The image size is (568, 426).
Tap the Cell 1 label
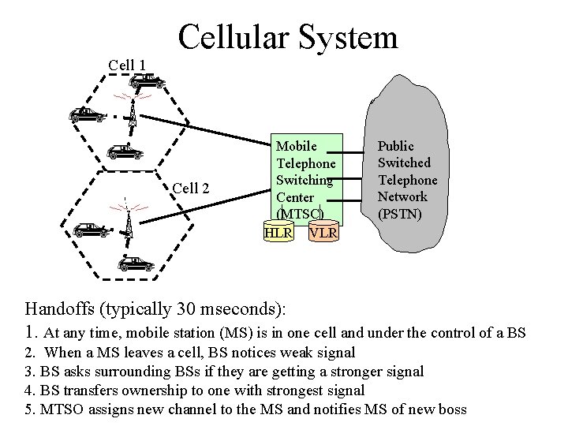(126, 65)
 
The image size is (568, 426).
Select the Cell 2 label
(191, 188)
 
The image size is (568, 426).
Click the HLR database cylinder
(278, 233)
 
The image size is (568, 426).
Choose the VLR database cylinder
(323, 233)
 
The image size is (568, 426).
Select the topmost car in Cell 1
(147, 80)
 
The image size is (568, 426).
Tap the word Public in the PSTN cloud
(395, 146)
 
